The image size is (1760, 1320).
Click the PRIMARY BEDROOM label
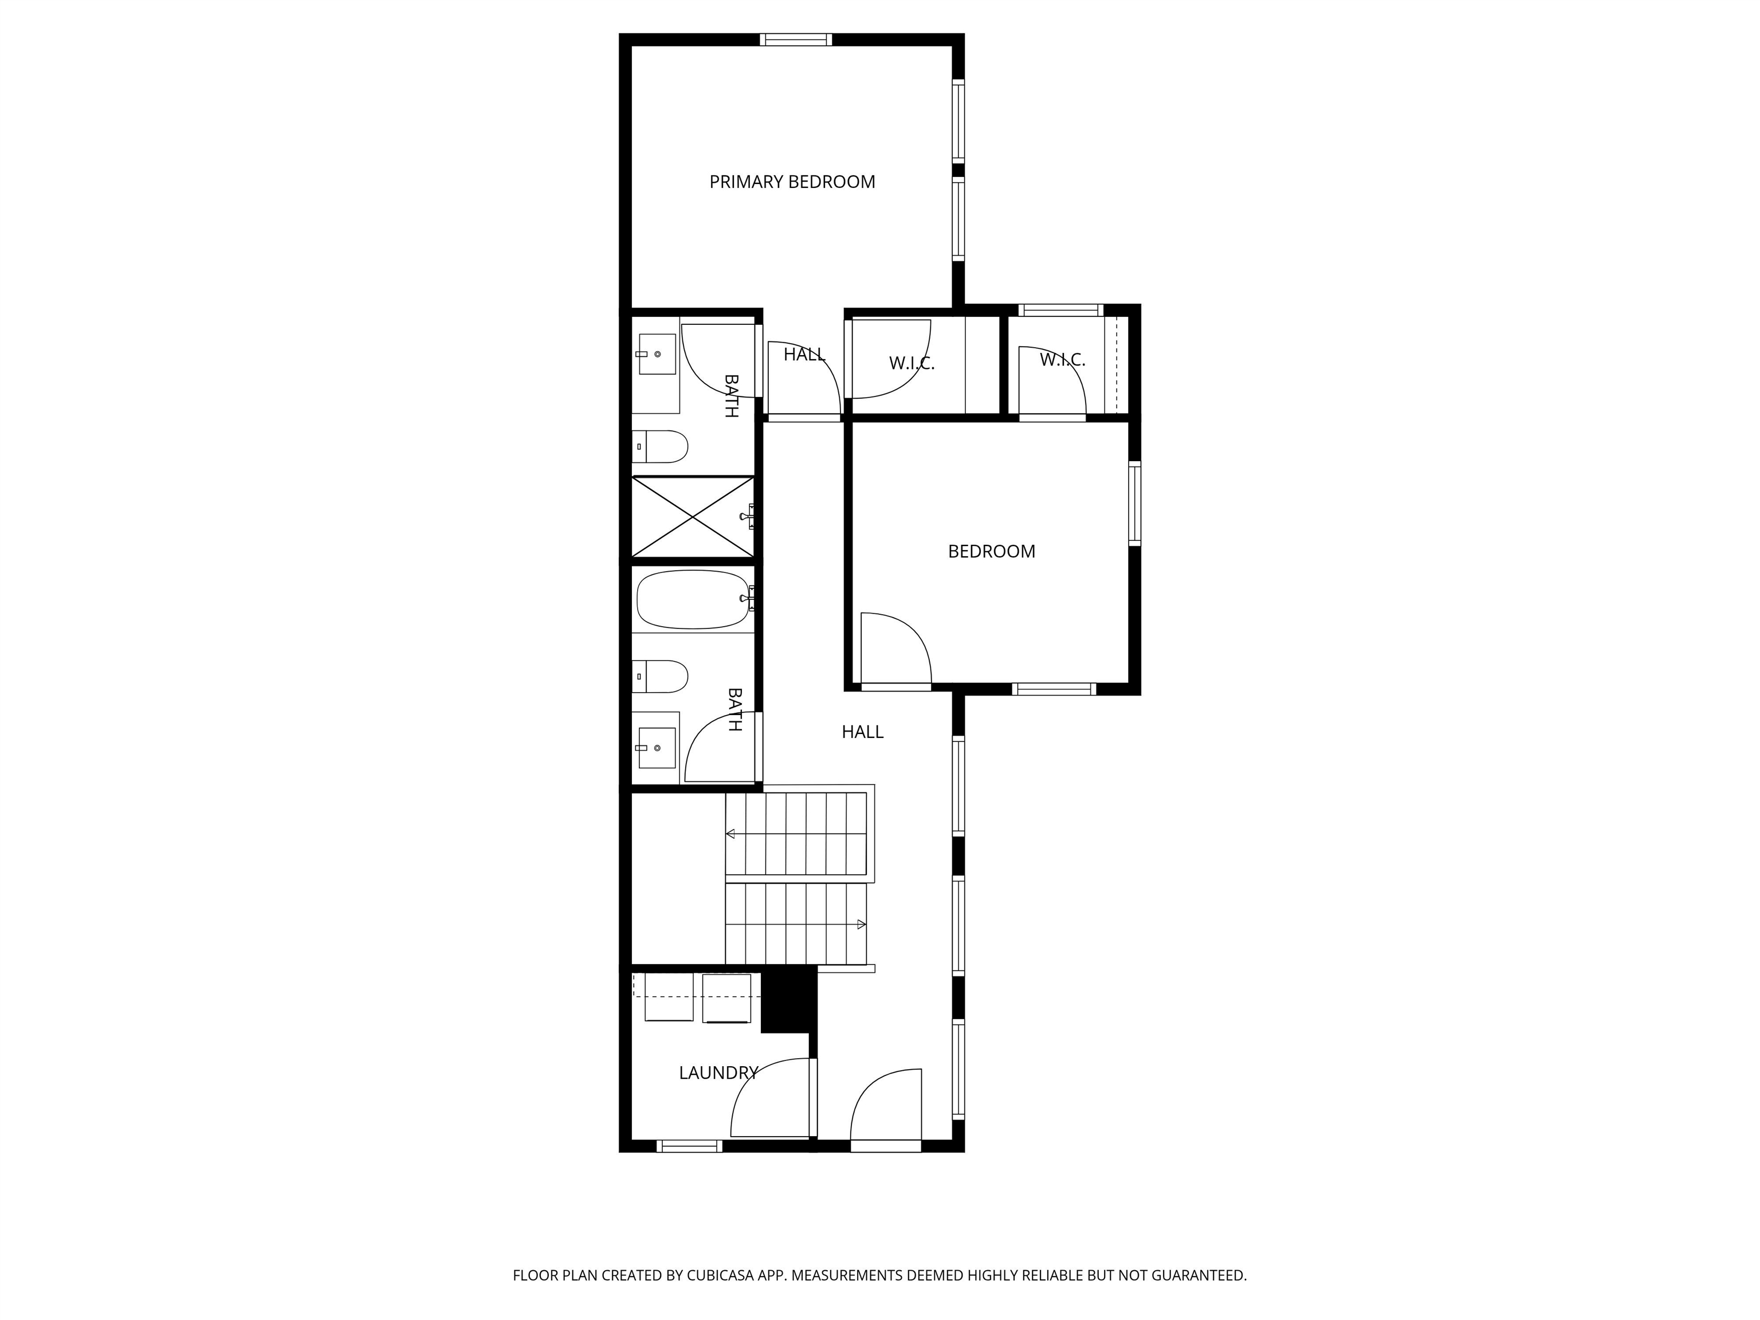pos(792,182)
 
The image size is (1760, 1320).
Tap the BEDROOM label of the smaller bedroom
pos(991,551)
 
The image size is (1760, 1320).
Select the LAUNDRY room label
pos(718,1072)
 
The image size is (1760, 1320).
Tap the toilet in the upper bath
pos(661,446)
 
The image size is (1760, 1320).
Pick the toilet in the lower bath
pos(661,676)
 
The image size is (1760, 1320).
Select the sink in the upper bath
pos(657,353)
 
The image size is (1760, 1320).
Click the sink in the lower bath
pos(657,748)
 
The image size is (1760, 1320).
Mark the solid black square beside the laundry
pos(788,998)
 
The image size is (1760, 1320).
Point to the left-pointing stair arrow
pos(730,834)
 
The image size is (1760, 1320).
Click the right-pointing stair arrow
pos(861,925)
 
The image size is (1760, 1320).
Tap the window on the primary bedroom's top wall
pos(796,40)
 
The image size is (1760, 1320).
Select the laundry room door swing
pos(768,1098)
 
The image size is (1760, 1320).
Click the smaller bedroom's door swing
pos(895,649)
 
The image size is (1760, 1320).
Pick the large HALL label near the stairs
pos(862,732)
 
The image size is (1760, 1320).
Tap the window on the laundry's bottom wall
pos(690,1146)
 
